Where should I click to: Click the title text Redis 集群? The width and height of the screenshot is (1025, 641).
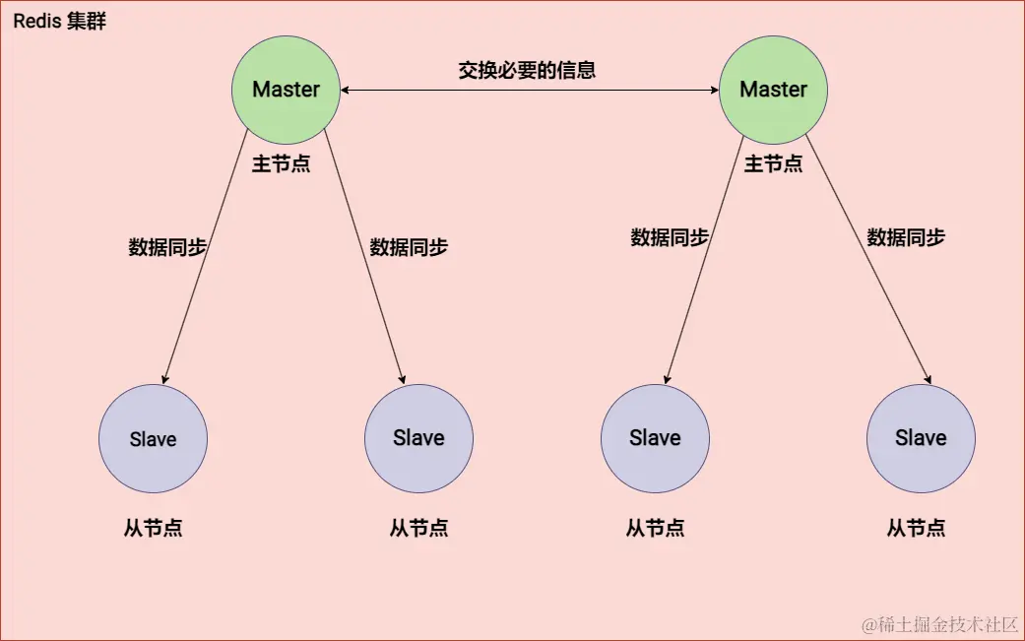59,23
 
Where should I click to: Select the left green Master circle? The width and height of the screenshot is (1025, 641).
286,89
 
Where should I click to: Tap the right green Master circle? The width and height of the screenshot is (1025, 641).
773,89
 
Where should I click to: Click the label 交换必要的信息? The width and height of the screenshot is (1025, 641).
527,71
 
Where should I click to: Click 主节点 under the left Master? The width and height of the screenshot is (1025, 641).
281,164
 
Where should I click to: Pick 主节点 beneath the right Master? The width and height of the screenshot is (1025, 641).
773,164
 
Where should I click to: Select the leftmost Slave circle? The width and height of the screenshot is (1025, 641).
154,438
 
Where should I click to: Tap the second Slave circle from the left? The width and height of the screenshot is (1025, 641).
418,438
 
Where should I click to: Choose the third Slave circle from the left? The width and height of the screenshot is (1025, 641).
655,438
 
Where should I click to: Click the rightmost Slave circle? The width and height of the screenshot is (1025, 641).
921,438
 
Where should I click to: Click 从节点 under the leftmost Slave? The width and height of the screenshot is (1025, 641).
154,529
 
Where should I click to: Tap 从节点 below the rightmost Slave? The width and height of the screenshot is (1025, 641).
916,529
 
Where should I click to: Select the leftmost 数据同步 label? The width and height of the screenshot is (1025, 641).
167,247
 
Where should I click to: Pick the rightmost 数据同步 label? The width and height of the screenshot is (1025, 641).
906,237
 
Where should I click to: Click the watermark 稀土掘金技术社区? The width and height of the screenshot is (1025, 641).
940,625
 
